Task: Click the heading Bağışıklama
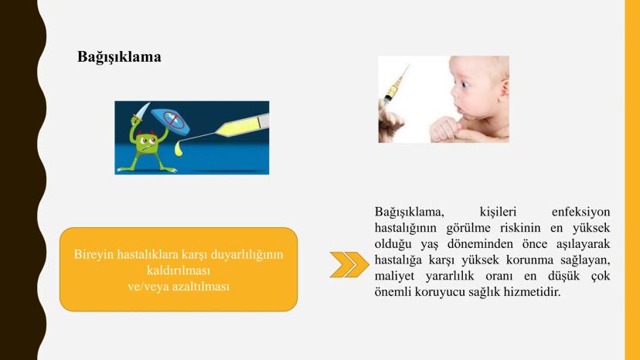coord(119,56)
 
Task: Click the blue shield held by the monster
coord(170,120)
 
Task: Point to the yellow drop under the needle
coord(178,148)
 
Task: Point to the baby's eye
coord(465,84)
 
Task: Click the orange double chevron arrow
coord(349,264)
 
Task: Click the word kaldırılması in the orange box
coord(179,270)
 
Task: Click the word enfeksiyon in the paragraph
coord(580,212)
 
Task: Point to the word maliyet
coord(394,276)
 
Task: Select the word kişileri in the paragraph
coord(498,212)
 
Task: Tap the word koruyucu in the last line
coord(443,292)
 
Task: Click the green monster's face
coord(147,144)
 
